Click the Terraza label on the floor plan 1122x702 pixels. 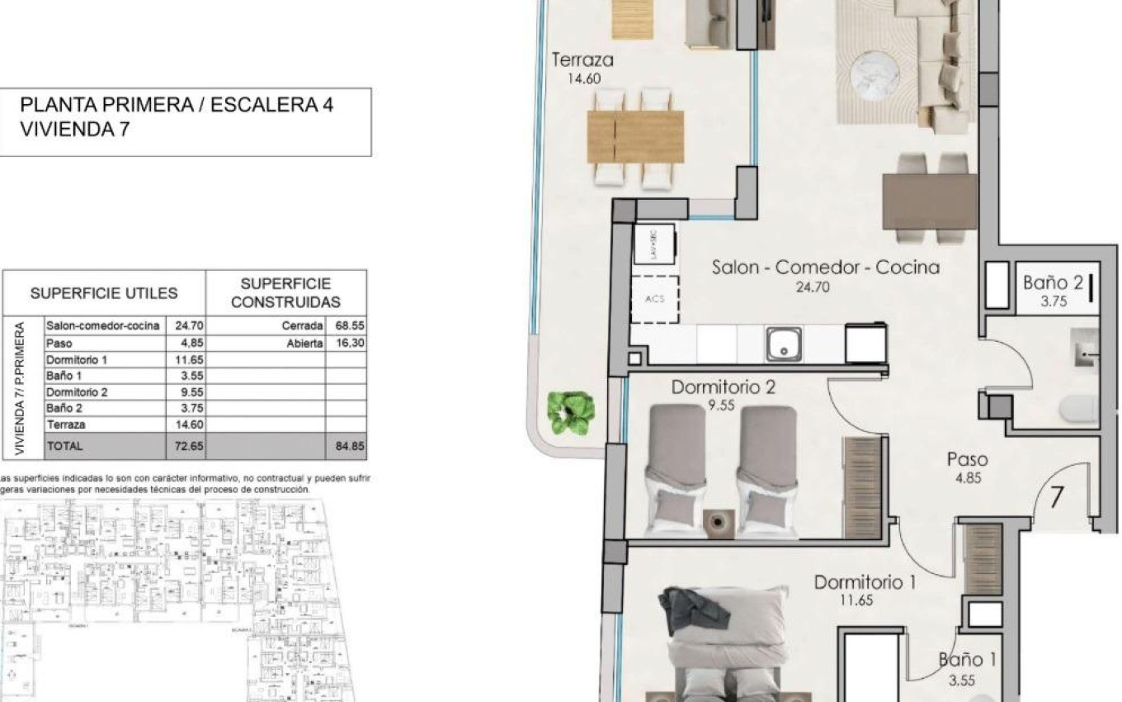click(x=582, y=60)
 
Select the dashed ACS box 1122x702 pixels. click(x=654, y=299)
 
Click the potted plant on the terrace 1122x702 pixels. click(x=570, y=412)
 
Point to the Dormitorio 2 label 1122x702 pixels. click(x=723, y=387)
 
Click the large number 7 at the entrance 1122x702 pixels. click(x=1056, y=498)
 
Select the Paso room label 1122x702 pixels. click(x=967, y=460)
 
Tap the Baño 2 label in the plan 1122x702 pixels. click(x=1053, y=282)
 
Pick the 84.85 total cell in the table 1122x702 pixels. click(x=346, y=445)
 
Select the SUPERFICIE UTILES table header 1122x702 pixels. click(x=104, y=293)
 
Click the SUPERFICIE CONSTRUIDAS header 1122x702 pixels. click(x=285, y=293)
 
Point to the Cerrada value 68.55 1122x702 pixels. click(x=346, y=326)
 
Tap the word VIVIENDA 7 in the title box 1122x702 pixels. click(x=74, y=129)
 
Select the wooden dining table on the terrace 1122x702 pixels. click(x=635, y=136)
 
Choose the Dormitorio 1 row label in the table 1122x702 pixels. click(x=77, y=359)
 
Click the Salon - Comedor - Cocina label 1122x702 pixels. click(x=825, y=268)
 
